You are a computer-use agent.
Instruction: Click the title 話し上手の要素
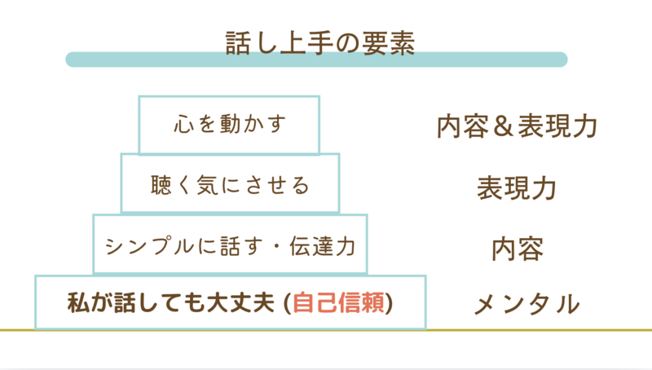(x=320, y=42)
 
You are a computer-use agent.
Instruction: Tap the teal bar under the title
(x=316, y=59)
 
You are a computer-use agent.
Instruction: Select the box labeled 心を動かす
(x=229, y=125)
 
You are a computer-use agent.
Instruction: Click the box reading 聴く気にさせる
(x=230, y=185)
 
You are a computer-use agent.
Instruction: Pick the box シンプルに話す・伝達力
(x=230, y=244)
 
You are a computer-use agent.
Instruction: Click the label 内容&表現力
(x=518, y=126)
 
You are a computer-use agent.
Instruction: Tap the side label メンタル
(x=526, y=305)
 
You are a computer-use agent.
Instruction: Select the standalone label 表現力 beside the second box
(x=517, y=187)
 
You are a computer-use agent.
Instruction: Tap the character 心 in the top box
(x=183, y=126)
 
